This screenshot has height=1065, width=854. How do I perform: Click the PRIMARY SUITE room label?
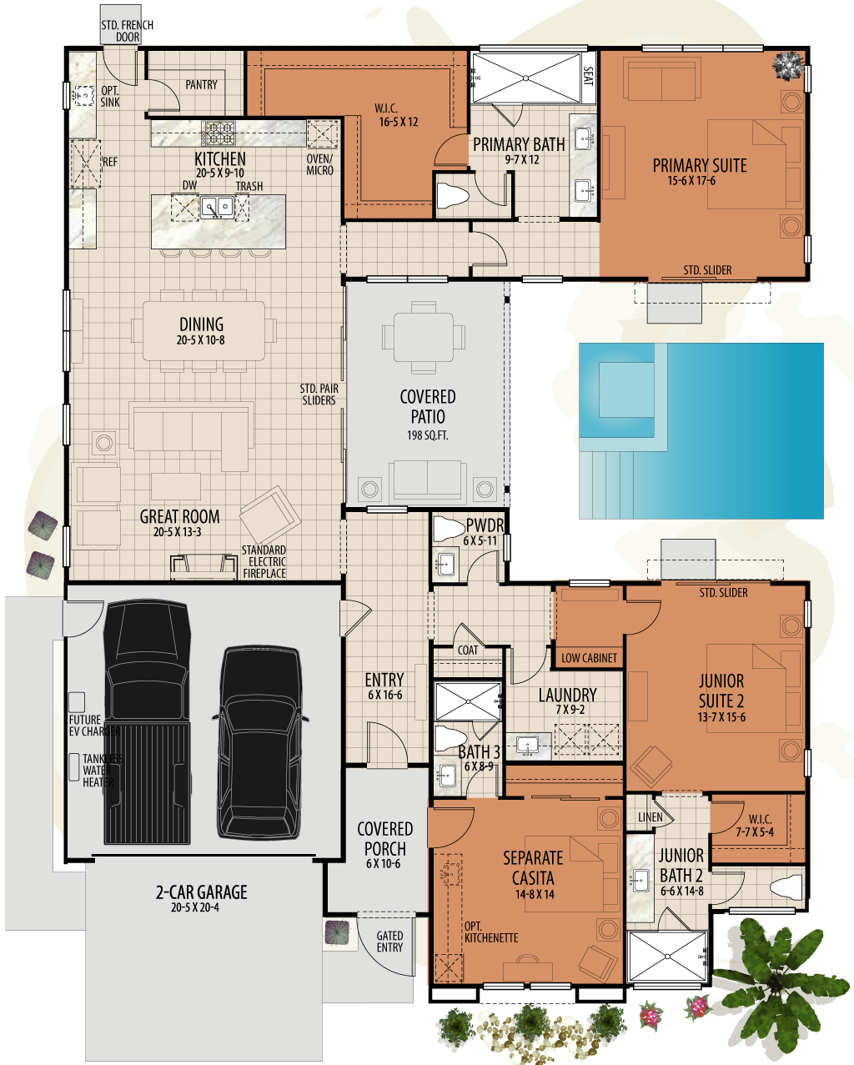(x=699, y=165)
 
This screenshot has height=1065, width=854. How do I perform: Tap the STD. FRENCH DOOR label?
(x=127, y=31)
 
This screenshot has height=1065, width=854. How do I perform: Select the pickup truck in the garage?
(x=146, y=721)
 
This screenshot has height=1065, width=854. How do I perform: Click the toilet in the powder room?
(x=449, y=529)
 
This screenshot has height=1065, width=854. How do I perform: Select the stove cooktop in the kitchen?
(x=220, y=133)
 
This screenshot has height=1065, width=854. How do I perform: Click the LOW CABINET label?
(x=589, y=658)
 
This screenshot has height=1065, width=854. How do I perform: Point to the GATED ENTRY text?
(x=389, y=942)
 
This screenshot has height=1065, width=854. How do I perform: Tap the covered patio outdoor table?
(x=423, y=336)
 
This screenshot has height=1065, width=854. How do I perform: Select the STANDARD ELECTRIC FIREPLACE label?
(x=264, y=561)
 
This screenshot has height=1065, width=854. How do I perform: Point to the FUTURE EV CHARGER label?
(x=93, y=726)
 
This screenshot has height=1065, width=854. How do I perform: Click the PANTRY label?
(x=201, y=85)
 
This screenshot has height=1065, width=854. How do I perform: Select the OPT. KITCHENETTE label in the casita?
(x=490, y=932)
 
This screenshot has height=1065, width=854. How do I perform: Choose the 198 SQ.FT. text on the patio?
(x=427, y=435)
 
